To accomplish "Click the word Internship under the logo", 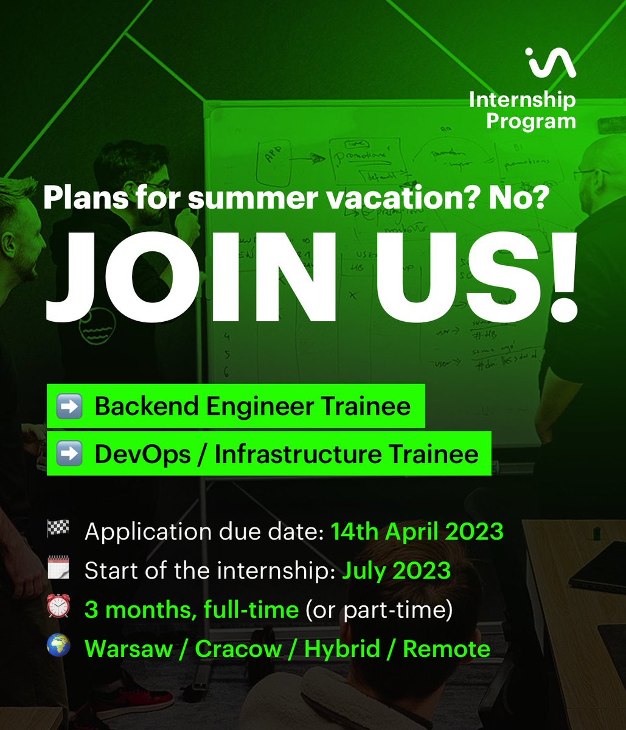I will click(522, 100).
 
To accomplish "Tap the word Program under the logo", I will click(530, 120).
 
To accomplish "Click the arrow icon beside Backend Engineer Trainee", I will click(69, 406).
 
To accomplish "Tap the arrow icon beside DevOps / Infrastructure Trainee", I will click(69, 454).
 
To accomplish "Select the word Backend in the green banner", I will click(147, 406).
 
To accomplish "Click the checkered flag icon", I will click(58, 530).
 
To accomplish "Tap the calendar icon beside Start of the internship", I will click(58, 570).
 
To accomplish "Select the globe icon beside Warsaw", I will click(58, 648).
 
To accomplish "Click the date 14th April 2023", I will click(417, 532).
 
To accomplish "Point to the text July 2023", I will click(395, 571).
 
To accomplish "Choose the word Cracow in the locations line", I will click(238, 649).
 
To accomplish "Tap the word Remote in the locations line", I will click(446, 649).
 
